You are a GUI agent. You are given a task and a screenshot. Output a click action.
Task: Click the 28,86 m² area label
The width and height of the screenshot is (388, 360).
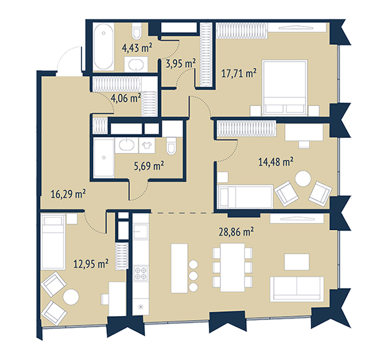tap(236, 232)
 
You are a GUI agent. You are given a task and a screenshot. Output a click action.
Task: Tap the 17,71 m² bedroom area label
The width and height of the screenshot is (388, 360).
tap(239, 74)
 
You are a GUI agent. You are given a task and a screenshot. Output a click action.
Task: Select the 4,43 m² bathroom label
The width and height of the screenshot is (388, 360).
tap(137, 47)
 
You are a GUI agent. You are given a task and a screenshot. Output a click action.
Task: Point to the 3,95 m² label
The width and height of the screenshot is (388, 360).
tap(181, 63)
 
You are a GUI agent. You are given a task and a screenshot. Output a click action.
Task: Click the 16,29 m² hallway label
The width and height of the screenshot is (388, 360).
tap(68, 194)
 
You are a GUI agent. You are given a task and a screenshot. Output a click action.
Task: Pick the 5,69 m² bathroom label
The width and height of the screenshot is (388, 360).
tap(149, 165)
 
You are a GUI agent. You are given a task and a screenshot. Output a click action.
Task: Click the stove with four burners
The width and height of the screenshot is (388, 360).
tap(141, 273)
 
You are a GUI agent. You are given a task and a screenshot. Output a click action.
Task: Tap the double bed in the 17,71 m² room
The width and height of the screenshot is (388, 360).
tap(285, 87)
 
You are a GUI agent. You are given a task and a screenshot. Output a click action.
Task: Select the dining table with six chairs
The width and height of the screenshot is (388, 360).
tap(233, 268)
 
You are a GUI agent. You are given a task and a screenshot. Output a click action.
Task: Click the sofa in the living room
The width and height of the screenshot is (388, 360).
tap(297, 289)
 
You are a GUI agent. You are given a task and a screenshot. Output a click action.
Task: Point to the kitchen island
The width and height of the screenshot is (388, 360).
tap(179, 268)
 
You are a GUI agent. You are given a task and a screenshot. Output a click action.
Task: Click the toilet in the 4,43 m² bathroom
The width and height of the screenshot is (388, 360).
tap(136, 31)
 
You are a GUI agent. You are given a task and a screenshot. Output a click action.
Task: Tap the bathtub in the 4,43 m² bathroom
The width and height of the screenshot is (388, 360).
tap(103, 47)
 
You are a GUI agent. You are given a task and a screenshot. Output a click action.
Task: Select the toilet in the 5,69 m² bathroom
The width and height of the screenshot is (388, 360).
tap(171, 146)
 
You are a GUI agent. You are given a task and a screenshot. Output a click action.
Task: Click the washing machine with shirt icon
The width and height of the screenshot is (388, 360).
tap(147, 145)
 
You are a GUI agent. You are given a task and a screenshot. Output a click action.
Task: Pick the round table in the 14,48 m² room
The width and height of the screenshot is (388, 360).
tap(303, 178)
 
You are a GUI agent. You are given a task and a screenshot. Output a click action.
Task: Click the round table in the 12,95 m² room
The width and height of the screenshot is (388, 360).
tap(71, 297)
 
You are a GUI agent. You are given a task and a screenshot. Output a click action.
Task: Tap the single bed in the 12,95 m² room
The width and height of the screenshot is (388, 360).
tap(54, 242)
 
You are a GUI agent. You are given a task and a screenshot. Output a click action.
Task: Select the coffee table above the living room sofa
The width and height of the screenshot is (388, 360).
tap(297, 262)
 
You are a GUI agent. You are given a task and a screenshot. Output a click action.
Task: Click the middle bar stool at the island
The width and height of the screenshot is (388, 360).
tap(193, 276)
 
